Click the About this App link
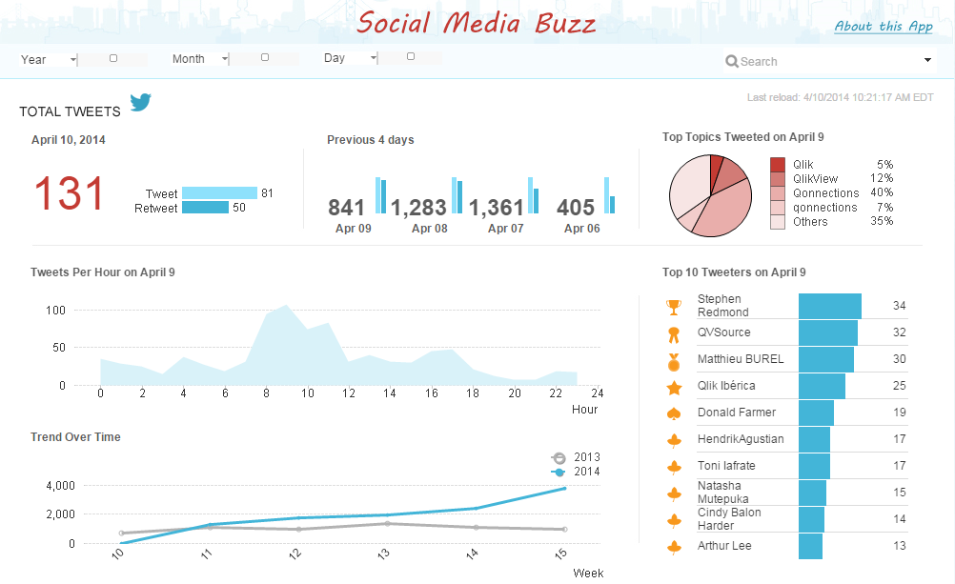coord(883,27)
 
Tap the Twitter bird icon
coord(141,102)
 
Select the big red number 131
coord(69,194)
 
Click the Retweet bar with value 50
coord(205,208)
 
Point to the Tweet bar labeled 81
coord(219,192)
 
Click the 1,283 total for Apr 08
coord(417,208)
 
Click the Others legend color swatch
coord(778,222)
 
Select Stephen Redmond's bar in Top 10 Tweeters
coord(829,306)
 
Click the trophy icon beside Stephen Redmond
coord(674,307)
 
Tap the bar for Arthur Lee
coord(810,546)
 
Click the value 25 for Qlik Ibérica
coord(899,386)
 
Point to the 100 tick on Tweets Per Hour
coord(54,310)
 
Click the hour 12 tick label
coord(350,393)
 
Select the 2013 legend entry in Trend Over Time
coord(576,457)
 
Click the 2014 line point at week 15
coord(565,489)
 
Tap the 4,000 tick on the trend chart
coord(60,485)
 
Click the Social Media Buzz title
coord(477,23)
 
